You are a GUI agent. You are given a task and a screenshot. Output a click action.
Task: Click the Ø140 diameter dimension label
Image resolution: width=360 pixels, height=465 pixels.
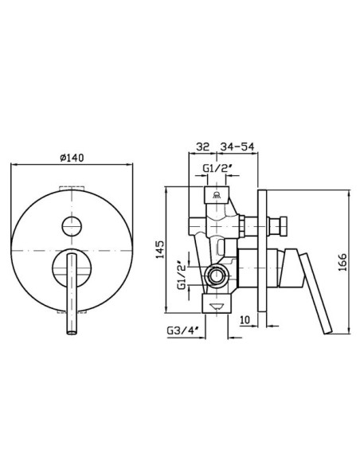click(x=72, y=158)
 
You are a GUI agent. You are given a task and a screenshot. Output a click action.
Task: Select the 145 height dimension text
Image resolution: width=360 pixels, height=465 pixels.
click(x=160, y=250)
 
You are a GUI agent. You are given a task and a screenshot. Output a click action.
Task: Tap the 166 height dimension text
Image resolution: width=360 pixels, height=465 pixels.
click(x=342, y=262)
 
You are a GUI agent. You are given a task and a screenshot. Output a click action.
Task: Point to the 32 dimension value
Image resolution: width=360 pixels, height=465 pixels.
click(x=203, y=147)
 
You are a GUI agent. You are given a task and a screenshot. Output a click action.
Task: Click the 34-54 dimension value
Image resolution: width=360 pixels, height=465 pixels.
click(x=237, y=147)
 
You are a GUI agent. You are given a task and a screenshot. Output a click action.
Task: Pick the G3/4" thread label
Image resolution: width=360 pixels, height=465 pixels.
click(x=182, y=330)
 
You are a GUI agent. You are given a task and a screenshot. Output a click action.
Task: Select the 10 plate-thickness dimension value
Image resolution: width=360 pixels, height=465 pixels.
click(x=245, y=320)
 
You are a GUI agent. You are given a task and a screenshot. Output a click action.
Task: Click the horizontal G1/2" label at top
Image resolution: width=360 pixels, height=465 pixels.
click(x=217, y=168)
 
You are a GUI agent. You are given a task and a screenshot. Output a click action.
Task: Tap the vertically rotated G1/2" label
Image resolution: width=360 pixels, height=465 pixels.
click(x=182, y=275)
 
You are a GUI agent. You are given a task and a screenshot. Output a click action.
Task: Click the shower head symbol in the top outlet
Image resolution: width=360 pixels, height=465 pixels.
click(x=217, y=195)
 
